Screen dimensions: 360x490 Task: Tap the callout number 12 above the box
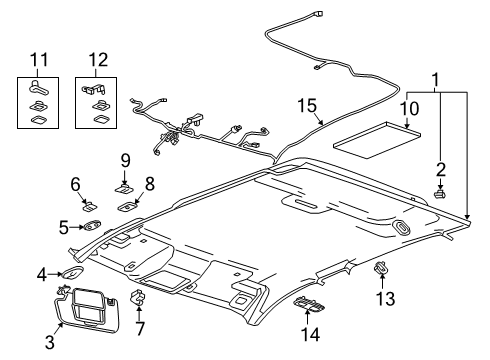pyautogui.click(x=97, y=60)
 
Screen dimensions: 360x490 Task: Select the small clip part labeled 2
pyautogui.click(x=439, y=191)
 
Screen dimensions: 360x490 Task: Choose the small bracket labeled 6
pyautogui.click(x=88, y=207)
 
